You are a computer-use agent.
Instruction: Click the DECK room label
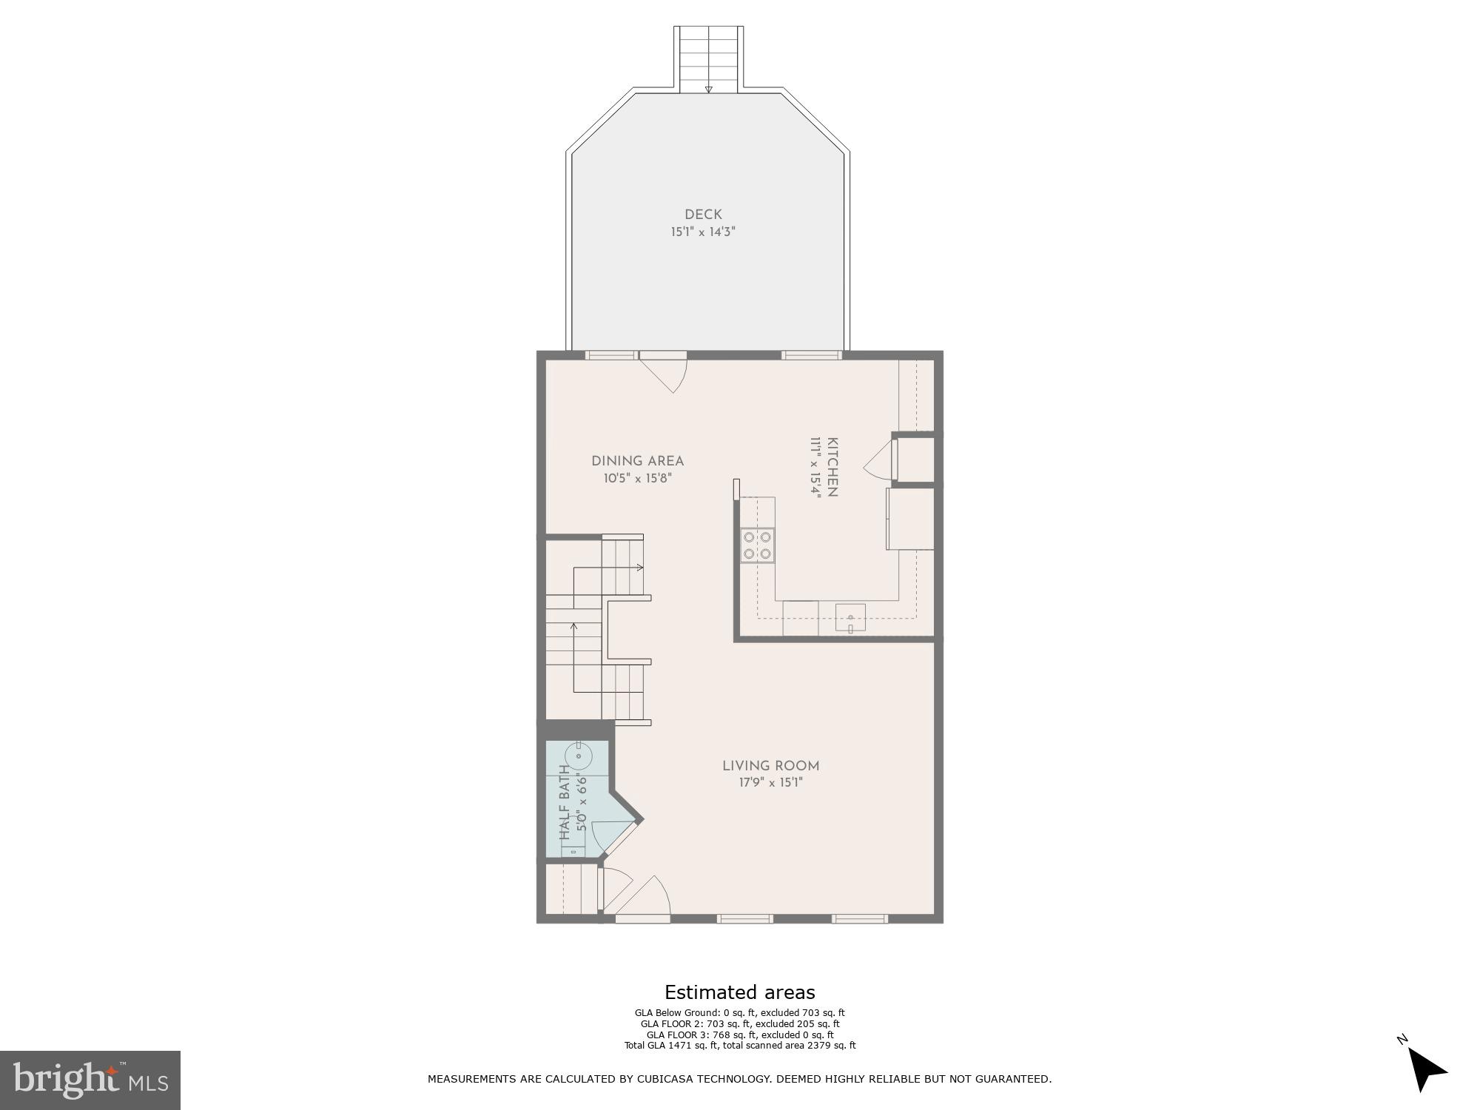(703, 215)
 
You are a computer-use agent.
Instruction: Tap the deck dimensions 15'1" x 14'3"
(703, 232)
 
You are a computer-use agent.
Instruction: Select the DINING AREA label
(637, 461)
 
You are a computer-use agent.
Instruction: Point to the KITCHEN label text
(832, 468)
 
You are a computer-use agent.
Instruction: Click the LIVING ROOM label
(770, 766)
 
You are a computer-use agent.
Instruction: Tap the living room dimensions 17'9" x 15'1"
(770, 782)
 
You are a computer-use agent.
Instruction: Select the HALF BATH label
(565, 803)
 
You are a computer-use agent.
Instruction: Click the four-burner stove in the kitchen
(758, 545)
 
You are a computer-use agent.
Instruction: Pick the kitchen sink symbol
(850, 617)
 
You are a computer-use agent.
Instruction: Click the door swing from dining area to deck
(670, 374)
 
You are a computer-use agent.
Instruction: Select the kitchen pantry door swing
(878, 460)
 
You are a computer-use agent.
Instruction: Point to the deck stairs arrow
(708, 90)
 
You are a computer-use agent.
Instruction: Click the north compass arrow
(1425, 1070)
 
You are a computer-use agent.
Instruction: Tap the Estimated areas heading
(739, 992)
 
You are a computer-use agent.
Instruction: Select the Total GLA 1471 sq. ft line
(739, 1046)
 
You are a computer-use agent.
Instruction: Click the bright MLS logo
(90, 1080)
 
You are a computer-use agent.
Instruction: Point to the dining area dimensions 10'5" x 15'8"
(637, 478)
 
